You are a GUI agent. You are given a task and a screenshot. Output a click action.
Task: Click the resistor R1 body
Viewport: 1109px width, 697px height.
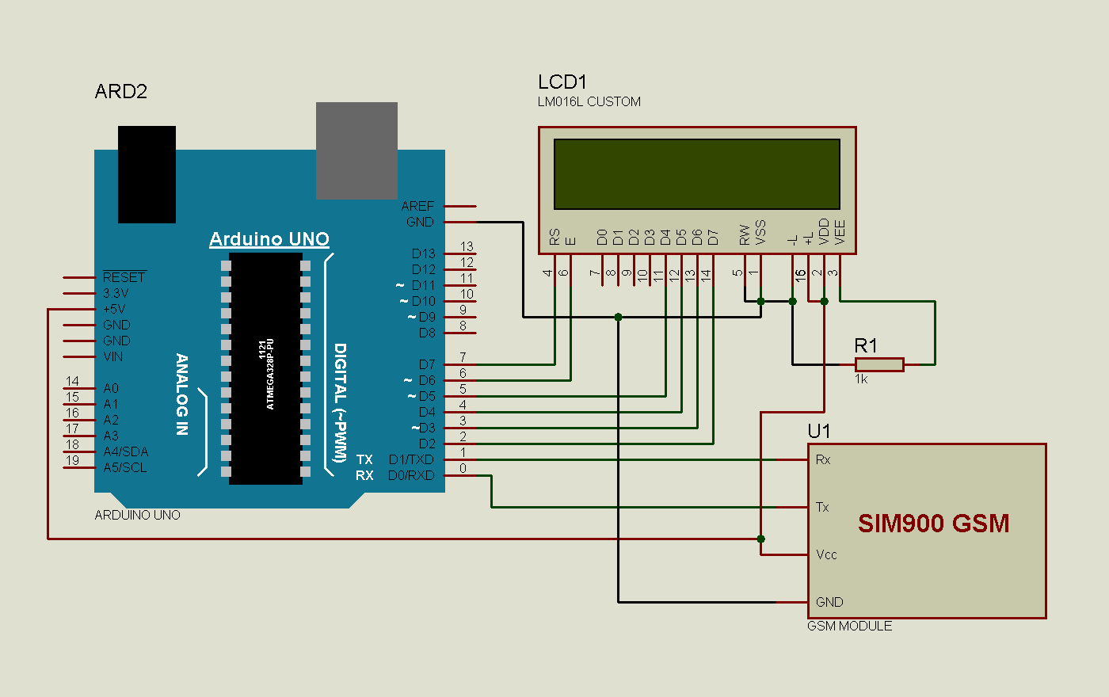tap(879, 364)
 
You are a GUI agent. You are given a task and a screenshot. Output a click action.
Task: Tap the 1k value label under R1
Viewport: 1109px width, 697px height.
tap(861, 379)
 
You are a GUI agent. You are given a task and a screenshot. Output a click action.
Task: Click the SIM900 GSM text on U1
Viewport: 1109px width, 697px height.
tap(933, 524)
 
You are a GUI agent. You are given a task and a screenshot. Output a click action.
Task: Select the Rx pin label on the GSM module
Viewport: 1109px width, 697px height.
tap(823, 459)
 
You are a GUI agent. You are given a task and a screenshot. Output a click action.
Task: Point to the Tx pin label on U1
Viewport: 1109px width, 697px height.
tap(822, 507)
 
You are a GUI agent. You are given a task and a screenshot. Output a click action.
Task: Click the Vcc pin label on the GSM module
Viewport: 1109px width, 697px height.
tap(826, 554)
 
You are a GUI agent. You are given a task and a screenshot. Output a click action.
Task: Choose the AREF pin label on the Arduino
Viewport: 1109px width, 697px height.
tap(417, 206)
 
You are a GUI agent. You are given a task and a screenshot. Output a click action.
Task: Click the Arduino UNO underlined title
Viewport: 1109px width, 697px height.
tap(269, 239)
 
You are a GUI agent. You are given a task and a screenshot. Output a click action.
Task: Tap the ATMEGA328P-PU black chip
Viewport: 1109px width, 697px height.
tap(265, 368)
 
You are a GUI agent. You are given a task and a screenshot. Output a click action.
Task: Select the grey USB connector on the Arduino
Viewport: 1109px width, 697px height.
tap(356, 150)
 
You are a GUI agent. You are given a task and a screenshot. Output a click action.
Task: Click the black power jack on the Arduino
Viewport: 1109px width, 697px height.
tap(147, 174)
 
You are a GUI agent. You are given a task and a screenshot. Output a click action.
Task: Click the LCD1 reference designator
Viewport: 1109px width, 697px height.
tap(562, 82)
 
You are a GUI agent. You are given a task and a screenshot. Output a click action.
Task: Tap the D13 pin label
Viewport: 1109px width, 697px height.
tap(423, 253)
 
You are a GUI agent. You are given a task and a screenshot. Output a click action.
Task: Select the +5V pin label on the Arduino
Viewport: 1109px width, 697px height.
tap(114, 309)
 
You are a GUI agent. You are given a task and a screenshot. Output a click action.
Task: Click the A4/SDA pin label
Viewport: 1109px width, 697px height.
tap(125, 451)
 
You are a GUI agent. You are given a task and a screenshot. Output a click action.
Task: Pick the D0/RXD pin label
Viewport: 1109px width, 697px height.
tap(411, 475)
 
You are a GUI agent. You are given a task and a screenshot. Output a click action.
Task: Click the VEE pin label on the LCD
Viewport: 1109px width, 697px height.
tap(840, 231)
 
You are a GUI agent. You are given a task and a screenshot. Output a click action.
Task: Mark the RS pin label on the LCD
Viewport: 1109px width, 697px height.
tap(554, 237)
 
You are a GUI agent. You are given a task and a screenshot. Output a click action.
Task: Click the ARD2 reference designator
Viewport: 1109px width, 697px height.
tap(121, 92)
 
